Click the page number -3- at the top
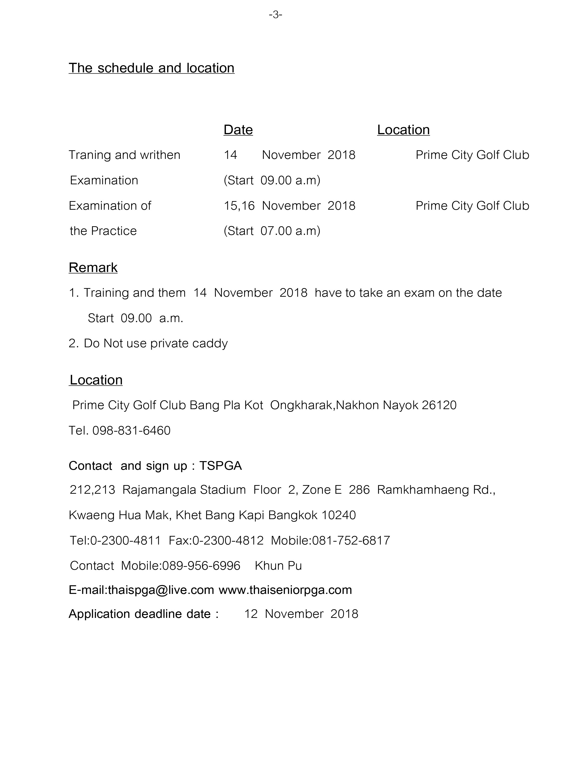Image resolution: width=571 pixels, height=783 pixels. [x=276, y=15]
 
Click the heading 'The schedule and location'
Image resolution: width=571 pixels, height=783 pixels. [x=151, y=68]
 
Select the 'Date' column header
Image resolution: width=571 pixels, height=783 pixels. [x=238, y=130]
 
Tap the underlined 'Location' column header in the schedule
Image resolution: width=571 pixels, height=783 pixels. [x=403, y=130]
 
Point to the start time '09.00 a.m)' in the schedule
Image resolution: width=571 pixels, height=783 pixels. [x=290, y=180]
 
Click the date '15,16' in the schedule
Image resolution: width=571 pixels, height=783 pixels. [x=239, y=206]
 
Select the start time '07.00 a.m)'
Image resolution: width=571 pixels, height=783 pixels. [x=290, y=231]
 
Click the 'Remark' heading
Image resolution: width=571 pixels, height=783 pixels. [x=93, y=268]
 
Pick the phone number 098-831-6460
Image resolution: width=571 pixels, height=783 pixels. [x=131, y=431]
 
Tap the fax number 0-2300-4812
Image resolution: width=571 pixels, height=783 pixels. [x=228, y=540]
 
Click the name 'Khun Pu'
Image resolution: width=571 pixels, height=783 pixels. [x=278, y=566]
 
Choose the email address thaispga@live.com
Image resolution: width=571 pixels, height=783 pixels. [x=161, y=590]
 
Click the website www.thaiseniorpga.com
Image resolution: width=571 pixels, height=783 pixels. [x=285, y=590]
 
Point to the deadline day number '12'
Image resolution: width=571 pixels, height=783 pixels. [x=251, y=614]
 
